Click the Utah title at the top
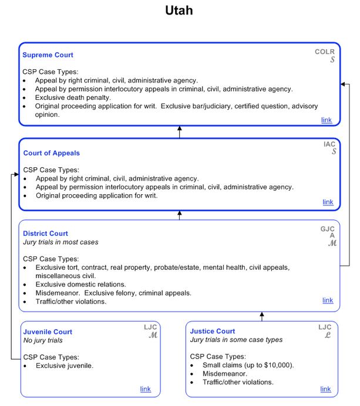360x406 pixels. [x=179, y=11]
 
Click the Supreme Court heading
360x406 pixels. [x=48, y=55]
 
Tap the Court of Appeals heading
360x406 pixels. [x=51, y=153]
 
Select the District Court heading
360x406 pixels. [x=45, y=234]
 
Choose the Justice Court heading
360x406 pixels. [x=213, y=331]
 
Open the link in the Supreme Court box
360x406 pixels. [x=326, y=120]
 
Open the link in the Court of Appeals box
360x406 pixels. [x=328, y=202]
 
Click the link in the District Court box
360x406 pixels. [x=328, y=300]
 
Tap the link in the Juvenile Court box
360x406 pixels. [x=145, y=389]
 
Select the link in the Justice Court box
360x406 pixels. [x=325, y=389]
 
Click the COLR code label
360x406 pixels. [x=324, y=52]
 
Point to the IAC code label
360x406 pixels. [x=329, y=144]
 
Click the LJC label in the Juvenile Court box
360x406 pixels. [x=151, y=327]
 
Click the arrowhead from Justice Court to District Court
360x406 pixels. [x=262, y=316]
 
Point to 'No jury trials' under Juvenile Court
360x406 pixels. [x=43, y=340]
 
